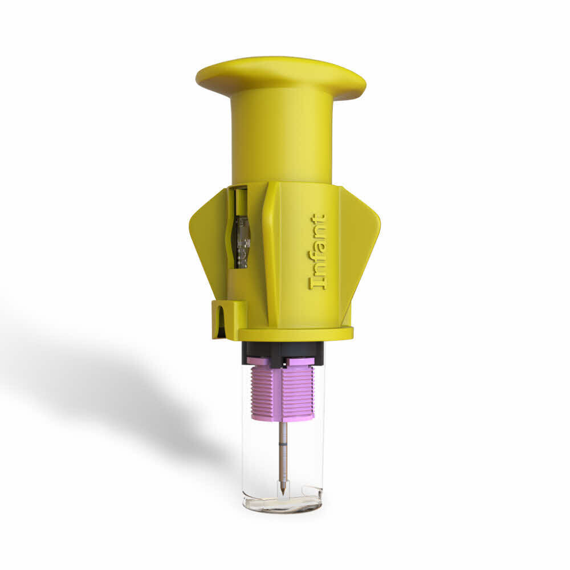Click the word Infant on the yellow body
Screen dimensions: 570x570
tap(319, 251)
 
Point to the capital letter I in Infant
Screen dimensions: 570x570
tap(319, 283)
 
